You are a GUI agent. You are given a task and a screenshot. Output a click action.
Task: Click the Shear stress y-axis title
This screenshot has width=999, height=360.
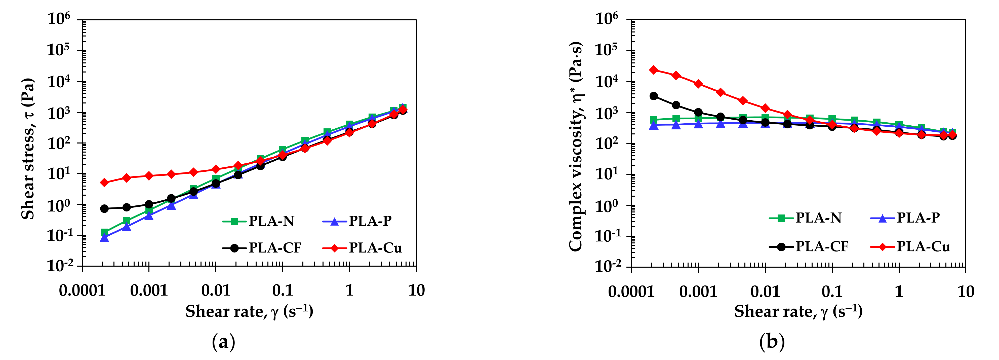click(x=28, y=149)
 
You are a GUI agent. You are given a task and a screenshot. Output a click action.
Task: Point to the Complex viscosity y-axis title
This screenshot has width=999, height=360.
click(x=576, y=146)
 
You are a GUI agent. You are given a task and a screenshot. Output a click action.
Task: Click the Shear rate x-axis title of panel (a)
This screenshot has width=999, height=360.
click(x=249, y=311)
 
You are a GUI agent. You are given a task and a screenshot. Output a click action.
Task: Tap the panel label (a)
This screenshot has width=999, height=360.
click(x=224, y=342)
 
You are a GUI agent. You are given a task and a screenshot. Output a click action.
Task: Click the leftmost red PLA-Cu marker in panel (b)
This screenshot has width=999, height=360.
click(x=654, y=70)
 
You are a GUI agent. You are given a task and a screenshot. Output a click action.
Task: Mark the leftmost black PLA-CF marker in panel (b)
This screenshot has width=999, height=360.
click(x=654, y=96)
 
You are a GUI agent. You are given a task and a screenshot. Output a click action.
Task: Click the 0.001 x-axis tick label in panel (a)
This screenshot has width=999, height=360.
click(x=149, y=290)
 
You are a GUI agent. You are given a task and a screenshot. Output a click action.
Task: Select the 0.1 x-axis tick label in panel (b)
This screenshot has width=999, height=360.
click(x=832, y=291)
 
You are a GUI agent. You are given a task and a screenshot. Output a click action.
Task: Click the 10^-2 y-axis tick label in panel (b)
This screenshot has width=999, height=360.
click(x=608, y=266)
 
